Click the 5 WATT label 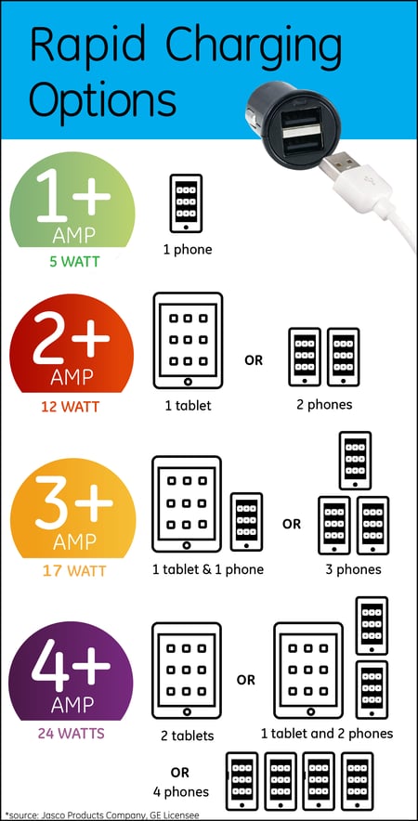click(x=73, y=261)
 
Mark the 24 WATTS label click(x=72, y=734)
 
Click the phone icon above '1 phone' click(x=186, y=202)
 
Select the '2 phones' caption click(x=324, y=404)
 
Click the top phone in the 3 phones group click(x=355, y=461)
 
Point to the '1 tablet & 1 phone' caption click(x=208, y=569)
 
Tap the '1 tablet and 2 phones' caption click(x=327, y=734)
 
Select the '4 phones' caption click(x=180, y=791)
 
